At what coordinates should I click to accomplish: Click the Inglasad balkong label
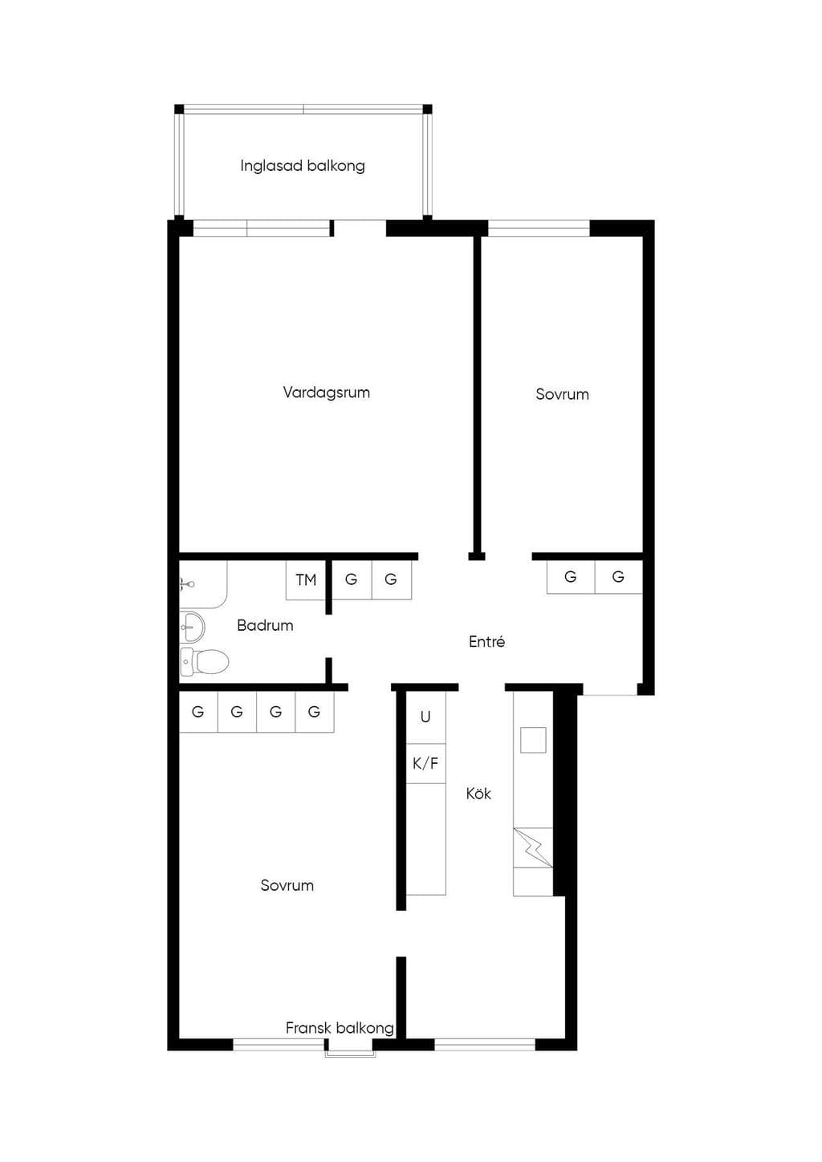click(x=302, y=166)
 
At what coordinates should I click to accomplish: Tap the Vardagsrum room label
click(x=327, y=392)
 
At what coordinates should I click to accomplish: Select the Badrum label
click(x=265, y=625)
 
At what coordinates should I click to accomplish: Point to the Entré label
click(x=486, y=642)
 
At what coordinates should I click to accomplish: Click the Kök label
click(x=478, y=794)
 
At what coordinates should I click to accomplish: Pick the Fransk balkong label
click(x=340, y=1028)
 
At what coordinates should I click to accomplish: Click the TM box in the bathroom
click(x=306, y=580)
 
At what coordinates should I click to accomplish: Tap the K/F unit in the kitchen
click(x=425, y=764)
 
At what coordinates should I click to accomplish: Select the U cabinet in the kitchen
click(x=425, y=717)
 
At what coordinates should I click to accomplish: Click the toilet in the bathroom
click(x=205, y=661)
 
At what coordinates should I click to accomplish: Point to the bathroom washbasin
click(x=192, y=628)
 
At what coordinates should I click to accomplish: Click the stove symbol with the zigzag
click(x=533, y=847)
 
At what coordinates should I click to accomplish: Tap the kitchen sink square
click(x=534, y=740)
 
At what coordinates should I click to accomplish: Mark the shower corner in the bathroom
click(x=203, y=584)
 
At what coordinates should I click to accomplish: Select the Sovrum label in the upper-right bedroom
click(x=562, y=394)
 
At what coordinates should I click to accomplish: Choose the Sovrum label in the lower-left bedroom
click(x=287, y=885)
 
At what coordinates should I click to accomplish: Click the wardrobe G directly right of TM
click(x=352, y=580)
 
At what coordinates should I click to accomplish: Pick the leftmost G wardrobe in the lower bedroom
click(x=198, y=712)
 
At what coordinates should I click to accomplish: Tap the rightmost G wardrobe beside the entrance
click(x=618, y=577)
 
